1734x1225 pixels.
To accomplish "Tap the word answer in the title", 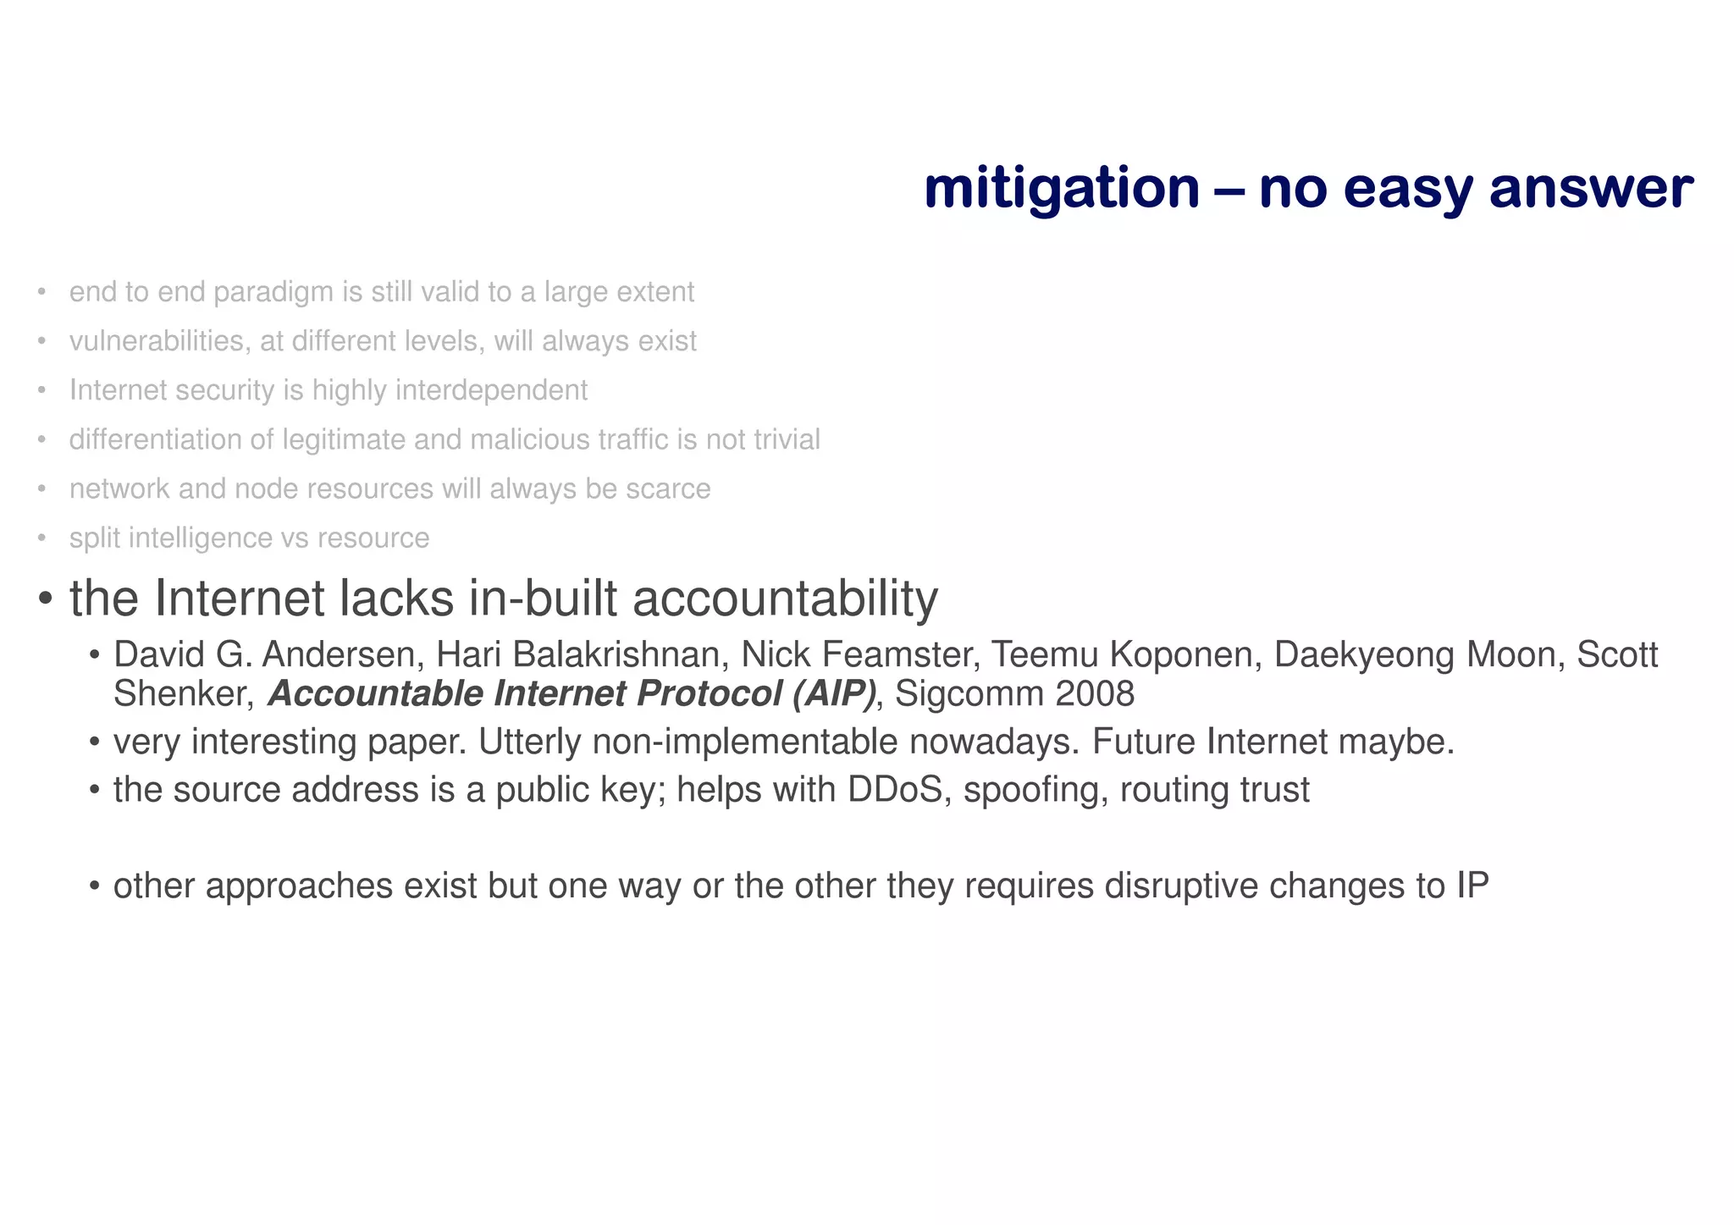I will click(1591, 188).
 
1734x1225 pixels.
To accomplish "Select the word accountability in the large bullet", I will click(785, 599).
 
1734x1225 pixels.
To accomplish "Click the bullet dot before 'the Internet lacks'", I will click(47, 600).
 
